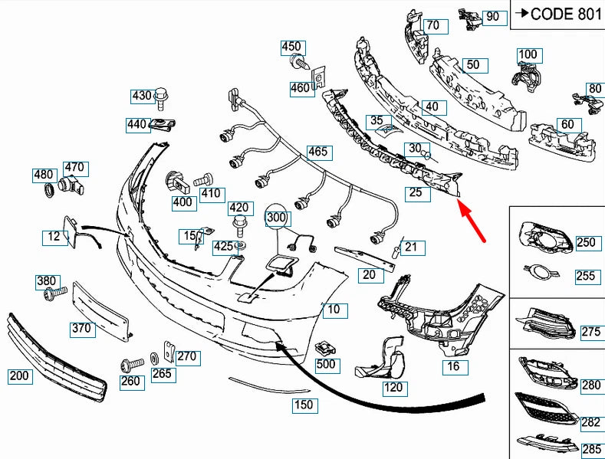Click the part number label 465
coord(318,152)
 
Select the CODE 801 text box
coord(557,13)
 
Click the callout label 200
coord(19,376)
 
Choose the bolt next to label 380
coord(52,295)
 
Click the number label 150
coord(304,405)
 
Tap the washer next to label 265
coord(154,358)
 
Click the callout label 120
coord(393,388)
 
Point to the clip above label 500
coord(325,346)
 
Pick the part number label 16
coord(454,366)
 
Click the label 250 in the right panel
coord(586,243)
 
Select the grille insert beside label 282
coord(545,408)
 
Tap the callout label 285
coord(591,450)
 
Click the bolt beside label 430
coord(160,97)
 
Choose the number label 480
coord(44,175)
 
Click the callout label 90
coord(492,16)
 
